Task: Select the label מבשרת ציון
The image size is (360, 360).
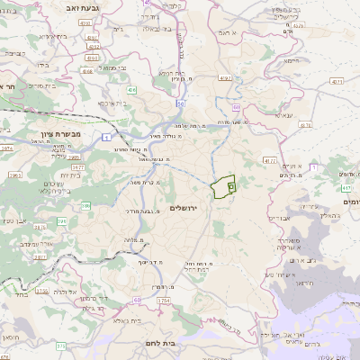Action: tap(61, 133)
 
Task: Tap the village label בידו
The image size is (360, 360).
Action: tap(42, 65)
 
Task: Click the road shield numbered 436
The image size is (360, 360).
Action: tap(131, 91)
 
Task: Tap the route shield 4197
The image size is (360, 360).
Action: tap(224, 78)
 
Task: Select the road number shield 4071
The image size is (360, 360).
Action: tap(335, 81)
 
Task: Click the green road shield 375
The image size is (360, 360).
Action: tap(60, 346)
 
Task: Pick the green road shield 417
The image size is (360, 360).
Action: tap(346, 188)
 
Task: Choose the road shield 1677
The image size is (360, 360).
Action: tap(79, 166)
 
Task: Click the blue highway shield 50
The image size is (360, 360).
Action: tap(181, 104)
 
